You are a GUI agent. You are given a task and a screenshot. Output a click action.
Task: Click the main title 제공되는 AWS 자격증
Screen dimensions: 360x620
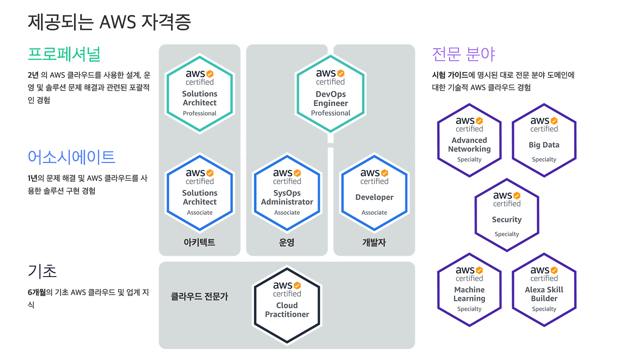tap(109, 22)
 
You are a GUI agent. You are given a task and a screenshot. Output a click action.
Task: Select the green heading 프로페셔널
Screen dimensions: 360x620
tap(64, 54)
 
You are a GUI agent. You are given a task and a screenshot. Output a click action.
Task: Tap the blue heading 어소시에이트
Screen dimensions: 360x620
tap(72, 157)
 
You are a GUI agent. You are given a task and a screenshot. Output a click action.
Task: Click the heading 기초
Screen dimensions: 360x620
tap(43, 271)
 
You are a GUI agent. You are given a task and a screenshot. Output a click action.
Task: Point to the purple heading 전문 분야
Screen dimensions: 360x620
tap(463, 54)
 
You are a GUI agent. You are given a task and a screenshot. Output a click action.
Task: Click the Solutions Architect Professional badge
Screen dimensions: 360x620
tap(200, 94)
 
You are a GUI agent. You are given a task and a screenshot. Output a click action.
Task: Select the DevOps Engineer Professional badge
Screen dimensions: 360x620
tap(330, 94)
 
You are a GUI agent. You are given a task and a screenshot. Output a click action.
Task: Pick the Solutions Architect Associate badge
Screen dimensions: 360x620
tap(200, 193)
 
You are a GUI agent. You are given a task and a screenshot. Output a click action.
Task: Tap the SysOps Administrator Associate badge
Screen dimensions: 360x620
tap(287, 193)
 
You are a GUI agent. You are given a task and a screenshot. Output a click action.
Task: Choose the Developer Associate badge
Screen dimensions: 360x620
tap(374, 193)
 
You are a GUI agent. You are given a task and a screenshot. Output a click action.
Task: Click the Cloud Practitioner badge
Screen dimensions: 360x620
tap(287, 305)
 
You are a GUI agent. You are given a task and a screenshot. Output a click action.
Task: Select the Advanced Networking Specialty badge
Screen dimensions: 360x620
tap(469, 140)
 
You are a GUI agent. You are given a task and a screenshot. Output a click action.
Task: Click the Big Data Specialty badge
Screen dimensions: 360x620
tap(544, 140)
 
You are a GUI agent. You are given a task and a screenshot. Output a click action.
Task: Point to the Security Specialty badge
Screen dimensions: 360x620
tap(507, 215)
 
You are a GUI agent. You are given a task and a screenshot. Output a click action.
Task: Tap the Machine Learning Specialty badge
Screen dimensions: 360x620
tap(469, 290)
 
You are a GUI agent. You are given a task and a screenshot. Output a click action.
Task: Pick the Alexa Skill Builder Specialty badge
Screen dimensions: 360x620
tap(544, 290)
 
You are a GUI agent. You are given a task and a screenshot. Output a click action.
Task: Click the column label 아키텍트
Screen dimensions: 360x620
tap(200, 242)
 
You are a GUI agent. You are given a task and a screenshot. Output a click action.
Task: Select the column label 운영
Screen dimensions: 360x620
tap(287, 242)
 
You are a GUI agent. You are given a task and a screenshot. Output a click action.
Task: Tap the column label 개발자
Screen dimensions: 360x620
tap(374, 242)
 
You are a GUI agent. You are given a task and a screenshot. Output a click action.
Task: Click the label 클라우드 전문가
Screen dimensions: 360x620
tap(199, 296)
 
